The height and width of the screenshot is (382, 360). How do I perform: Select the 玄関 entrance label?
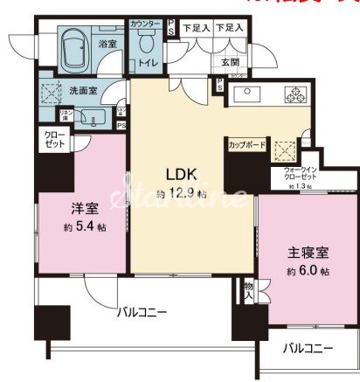coord(230,61)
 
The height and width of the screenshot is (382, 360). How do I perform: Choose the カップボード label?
coord(246,142)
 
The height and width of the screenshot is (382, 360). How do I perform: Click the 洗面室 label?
coord(81,89)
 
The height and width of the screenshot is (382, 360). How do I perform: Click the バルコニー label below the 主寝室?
coord(308,348)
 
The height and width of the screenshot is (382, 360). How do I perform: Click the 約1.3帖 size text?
coord(303,187)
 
